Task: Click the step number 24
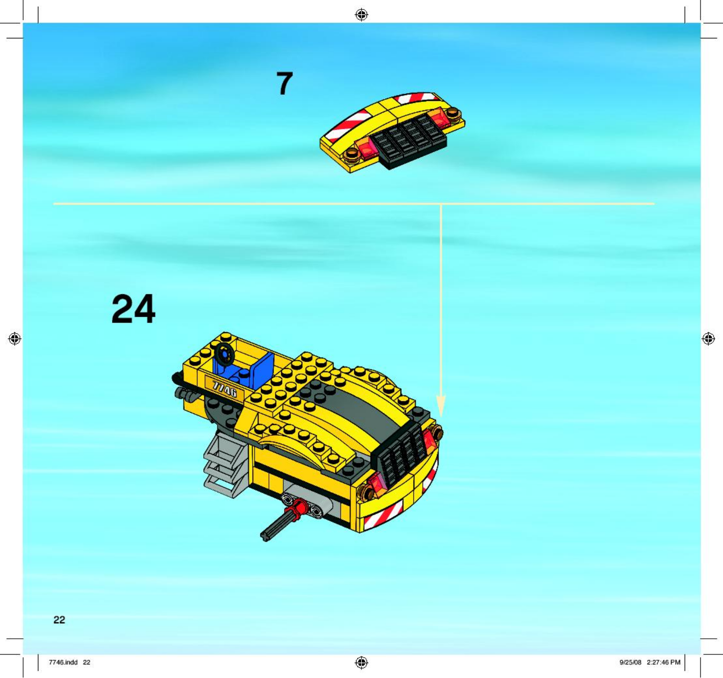[133, 309]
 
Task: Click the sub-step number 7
[285, 84]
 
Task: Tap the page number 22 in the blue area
[59, 620]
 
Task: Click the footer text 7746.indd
[63, 662]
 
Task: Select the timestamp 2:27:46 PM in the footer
[663, 662]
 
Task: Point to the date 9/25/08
[630, 662]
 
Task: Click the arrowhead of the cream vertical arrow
[441, 405]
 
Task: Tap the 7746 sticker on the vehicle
[225, 388]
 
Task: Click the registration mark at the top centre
[361, 14]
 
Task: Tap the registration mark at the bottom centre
[361, 662]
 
